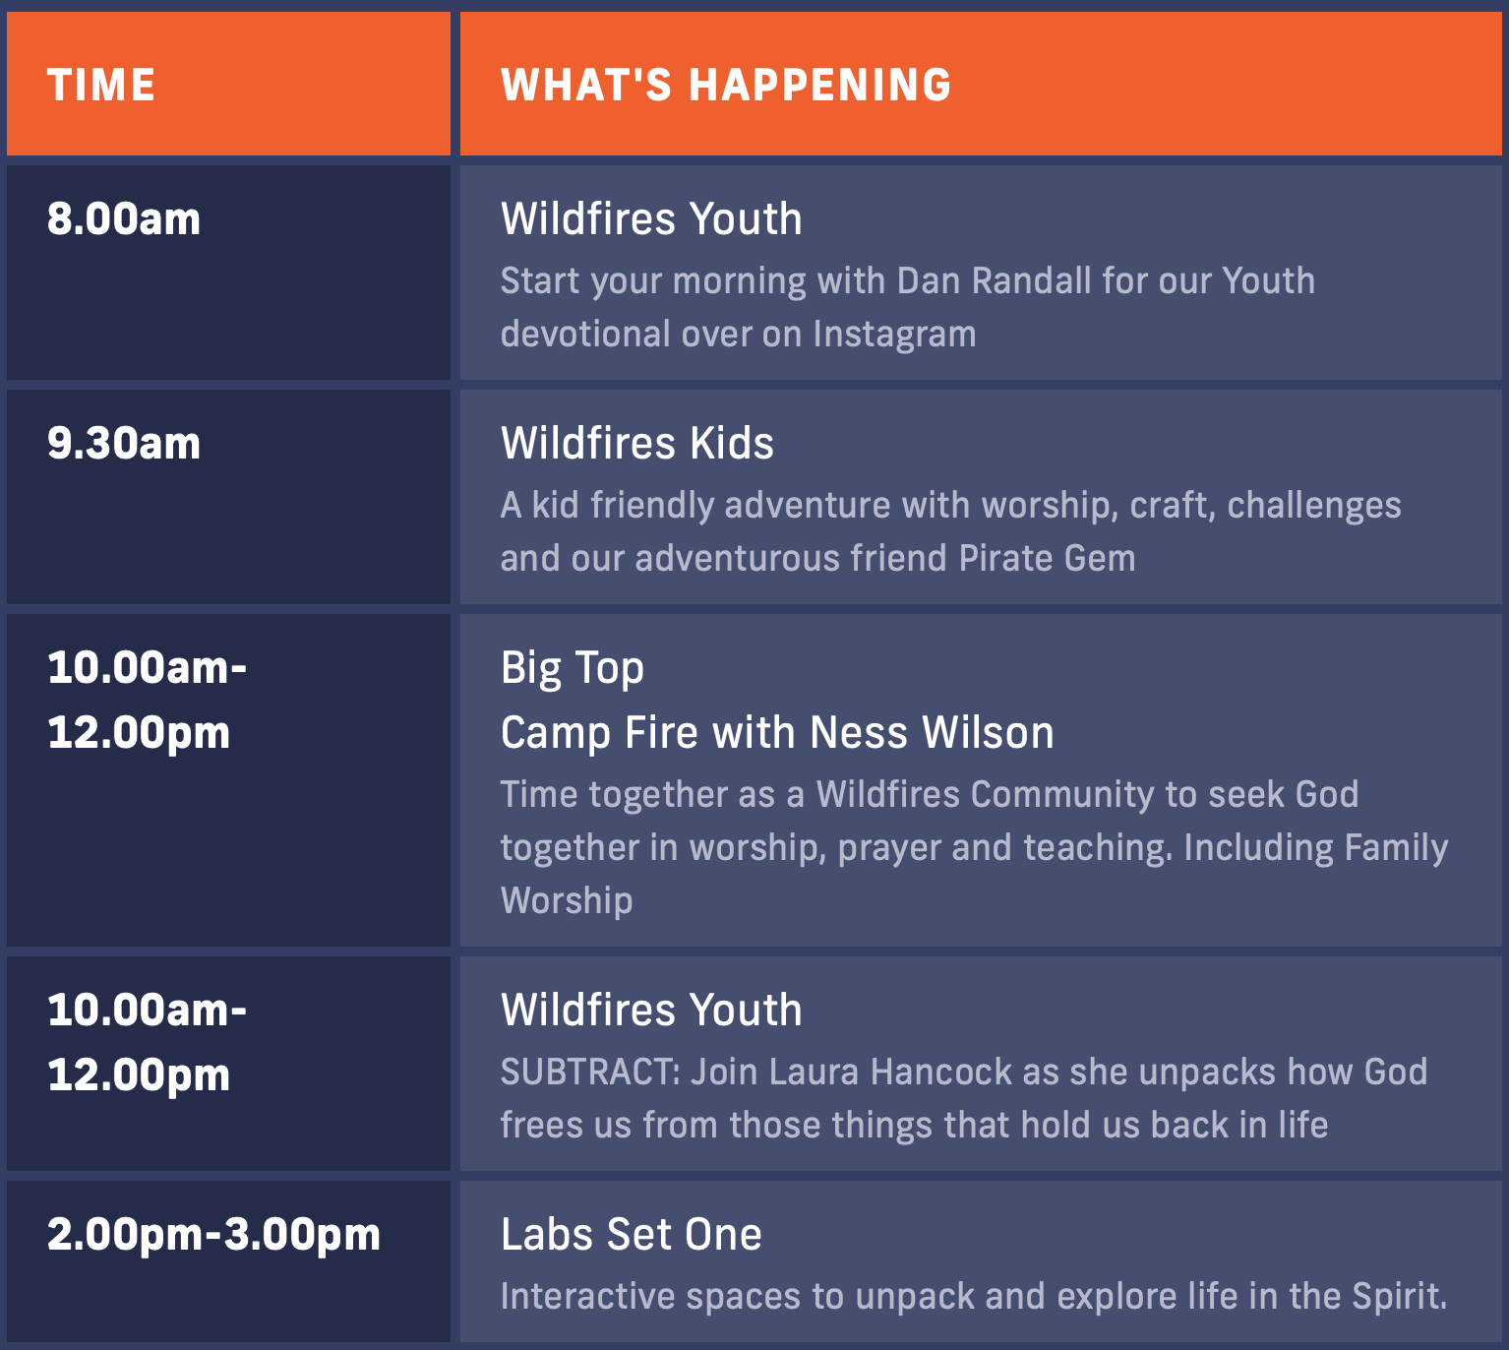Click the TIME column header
click(101, 85)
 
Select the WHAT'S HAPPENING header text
click(726, 85)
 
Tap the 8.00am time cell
click(124, 219)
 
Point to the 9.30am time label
click(124, 444)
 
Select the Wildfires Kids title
click(636, 444)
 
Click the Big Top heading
click(572, 669)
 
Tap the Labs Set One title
click(631, 1235)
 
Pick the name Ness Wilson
click(932, 732)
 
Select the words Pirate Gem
click(1048, 558)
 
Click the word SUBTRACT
click(587, 1073)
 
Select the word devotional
click(584, 334)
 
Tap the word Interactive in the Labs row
click(587, 1297)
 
